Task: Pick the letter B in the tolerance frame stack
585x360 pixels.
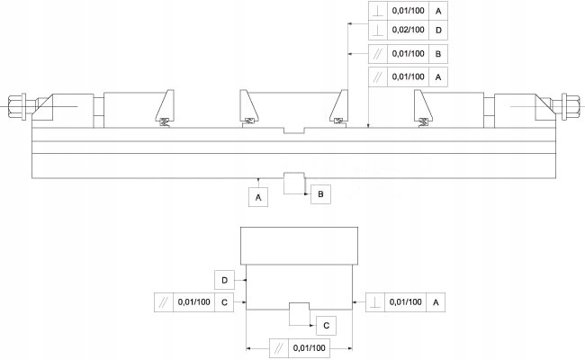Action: point(437,55)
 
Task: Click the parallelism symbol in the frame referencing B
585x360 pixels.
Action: point(379,55)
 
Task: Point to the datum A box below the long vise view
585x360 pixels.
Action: point(258,195)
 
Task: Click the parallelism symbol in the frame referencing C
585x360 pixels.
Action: point(166,302)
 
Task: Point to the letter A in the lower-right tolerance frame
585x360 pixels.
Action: point(436,302)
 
